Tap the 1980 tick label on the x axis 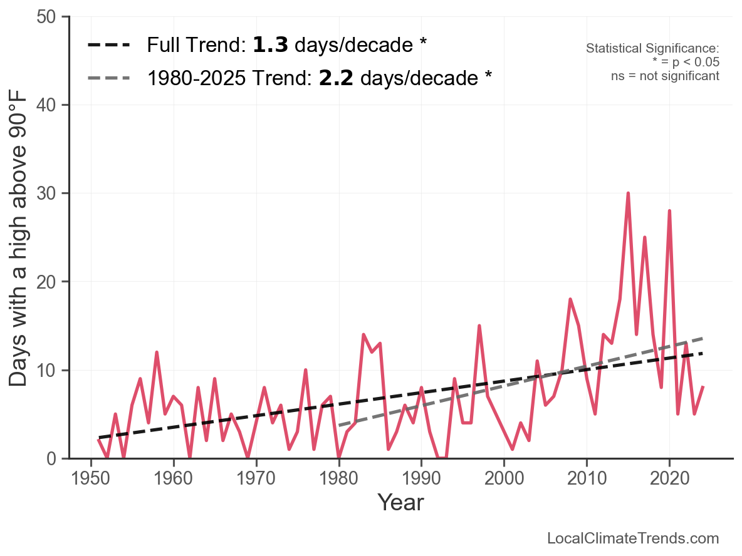click(338, 480)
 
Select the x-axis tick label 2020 click(669, 480)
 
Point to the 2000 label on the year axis click(504, 480)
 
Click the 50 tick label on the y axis click(48, 17)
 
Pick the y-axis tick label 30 click(48, 193)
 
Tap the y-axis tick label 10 click(48, 371)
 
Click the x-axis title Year click(400, 503)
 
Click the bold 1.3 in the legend click(270, 45)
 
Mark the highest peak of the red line click(628, 193)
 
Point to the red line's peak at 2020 click(669, 211)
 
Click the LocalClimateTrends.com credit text click(633, 538)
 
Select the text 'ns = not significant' click(665, 76)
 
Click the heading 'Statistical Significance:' click(652, 49)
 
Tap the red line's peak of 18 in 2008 click(570, 299)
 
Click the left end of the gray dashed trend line click(339, 426)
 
